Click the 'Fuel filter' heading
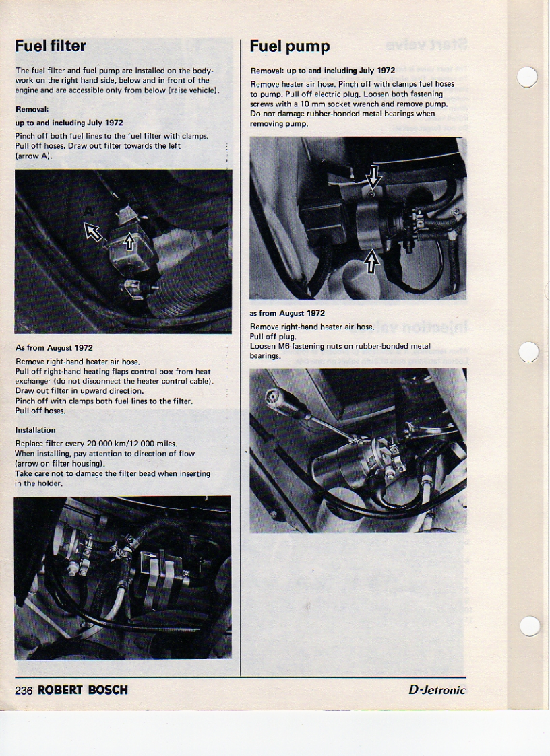tap(51, 46)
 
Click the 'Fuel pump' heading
tap(290, 46)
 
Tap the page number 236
tap(24, 690)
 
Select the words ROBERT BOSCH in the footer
tap(83, 690)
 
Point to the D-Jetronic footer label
tap(437, 690)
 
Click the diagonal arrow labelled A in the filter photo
tap(94, 232)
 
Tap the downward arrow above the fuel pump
tap(373, 179)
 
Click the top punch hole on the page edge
tap(528, 77)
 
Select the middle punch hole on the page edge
tap(529, 351)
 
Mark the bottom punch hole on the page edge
tap(529, 626)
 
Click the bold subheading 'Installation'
tap(35, 430)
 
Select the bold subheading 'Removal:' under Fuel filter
tap(32, 108)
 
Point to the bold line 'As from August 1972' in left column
tap(54, 348)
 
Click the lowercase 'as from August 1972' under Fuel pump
tap(287, 313)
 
